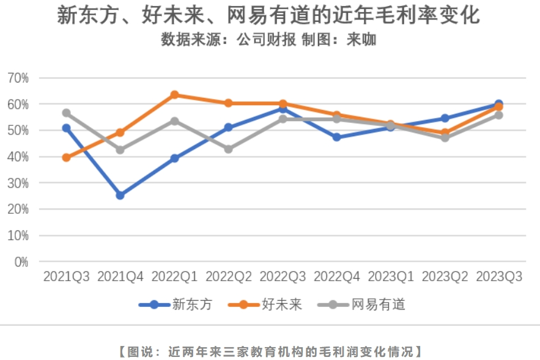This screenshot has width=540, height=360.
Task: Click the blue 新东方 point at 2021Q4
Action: pos(120,195)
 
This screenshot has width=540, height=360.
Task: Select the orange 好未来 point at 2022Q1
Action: pos(174,95)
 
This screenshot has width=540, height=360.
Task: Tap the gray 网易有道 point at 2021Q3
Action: pos(66,113)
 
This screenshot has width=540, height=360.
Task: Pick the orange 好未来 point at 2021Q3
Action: pos(66,158)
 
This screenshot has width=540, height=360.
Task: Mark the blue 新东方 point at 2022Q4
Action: pos(337,137)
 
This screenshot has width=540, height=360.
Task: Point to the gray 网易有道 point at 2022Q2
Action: pos(229,149)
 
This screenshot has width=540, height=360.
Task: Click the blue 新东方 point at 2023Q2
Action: pos(445,118)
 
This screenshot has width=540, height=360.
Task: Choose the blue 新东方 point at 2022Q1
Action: pos(174,158)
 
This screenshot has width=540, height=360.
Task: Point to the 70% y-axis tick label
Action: pos(18,78)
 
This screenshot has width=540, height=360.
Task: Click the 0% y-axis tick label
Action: pos(21,262)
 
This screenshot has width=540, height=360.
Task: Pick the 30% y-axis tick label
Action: pos(18,183)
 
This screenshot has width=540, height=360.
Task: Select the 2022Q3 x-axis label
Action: pos(283,276)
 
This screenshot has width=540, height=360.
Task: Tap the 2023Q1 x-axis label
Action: pos(391,276)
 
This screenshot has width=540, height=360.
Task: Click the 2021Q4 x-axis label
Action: pos(120,276)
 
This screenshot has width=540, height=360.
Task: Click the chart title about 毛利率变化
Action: pos(269,15)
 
